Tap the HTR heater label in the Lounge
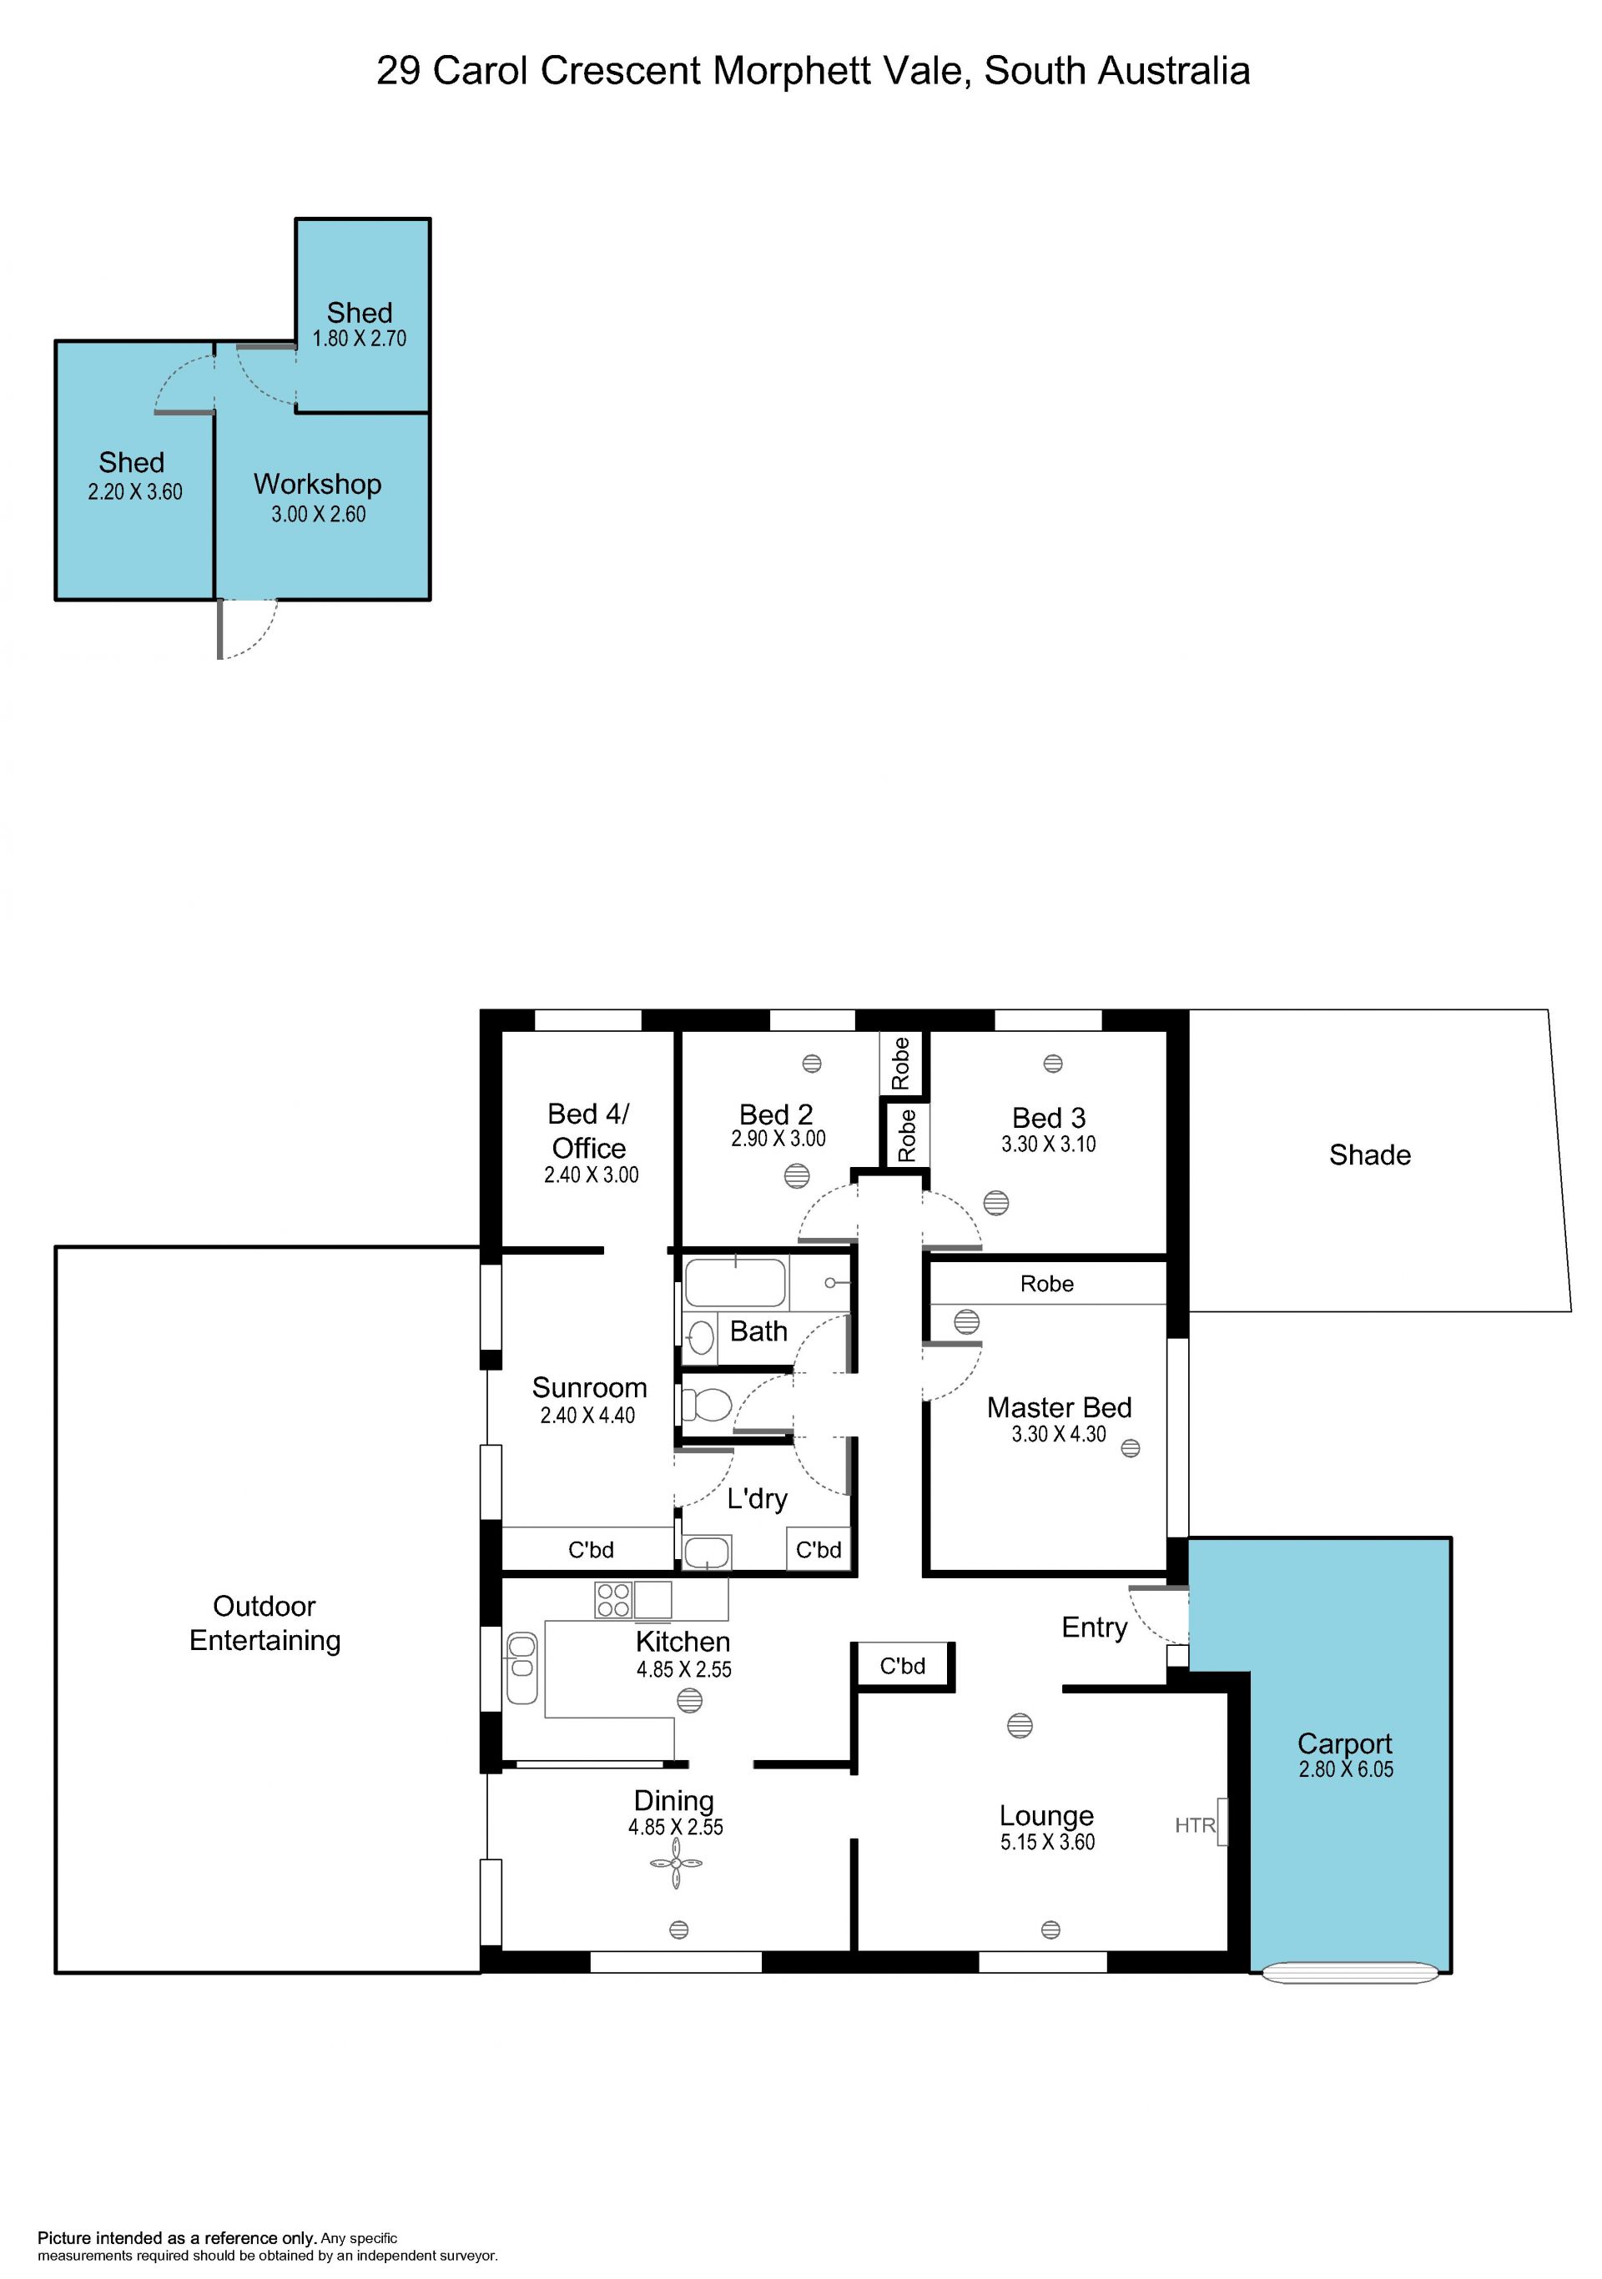(1195, 1824)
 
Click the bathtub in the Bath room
(735, 1281)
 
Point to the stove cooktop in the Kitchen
(613, 1600)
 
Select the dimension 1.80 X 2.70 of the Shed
(360, 339)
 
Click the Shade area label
(1370, 1155)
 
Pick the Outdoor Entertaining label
(265, 1622)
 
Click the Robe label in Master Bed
(1047, 1284)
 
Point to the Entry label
(1095, 1627)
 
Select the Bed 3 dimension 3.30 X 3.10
(1048, 1145)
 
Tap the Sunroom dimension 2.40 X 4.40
(587, 1416)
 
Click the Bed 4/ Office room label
(588, 1130)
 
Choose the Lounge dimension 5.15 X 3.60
(1047, 1842)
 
